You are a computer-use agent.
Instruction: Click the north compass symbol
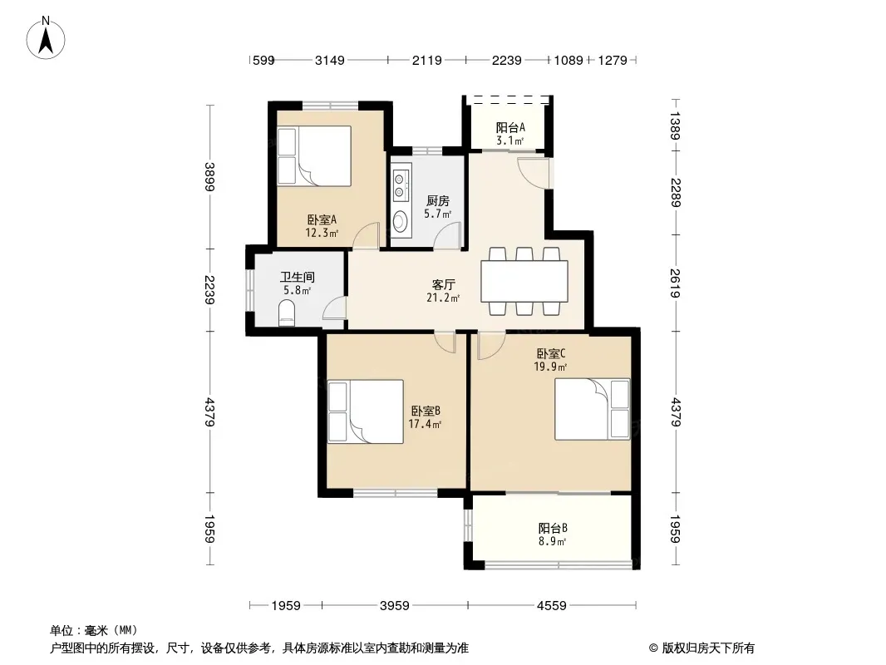(x=47, y=37)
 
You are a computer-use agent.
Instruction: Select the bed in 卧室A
(x=313, y=155)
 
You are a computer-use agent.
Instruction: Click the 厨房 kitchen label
(x=438, y=206)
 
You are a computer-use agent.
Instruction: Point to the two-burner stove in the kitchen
(x=401, y=185)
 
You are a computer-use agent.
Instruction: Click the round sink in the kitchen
(x=401, y=221)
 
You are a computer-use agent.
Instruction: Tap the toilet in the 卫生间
(x=286, y=313)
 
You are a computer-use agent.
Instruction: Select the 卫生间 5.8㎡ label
(x=295, y=283)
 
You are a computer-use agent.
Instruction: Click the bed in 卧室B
(x=365, y=411)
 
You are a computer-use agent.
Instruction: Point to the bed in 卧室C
(x=593, y=408)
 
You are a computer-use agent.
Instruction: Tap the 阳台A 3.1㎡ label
(x=509, y=134)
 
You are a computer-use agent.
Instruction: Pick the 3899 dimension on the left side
(x=210, y=176)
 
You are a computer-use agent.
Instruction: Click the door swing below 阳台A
(x=533, y=170)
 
